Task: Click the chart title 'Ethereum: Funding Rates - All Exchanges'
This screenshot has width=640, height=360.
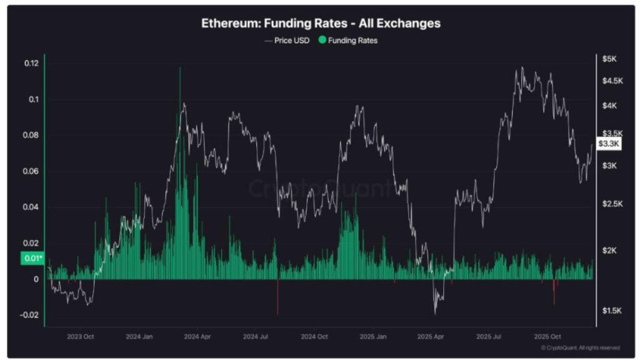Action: [321, 23]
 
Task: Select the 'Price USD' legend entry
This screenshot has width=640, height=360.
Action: [287, 40]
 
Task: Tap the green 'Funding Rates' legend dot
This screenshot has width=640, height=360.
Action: [322, 40]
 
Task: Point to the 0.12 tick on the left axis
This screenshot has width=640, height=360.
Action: [31, 63]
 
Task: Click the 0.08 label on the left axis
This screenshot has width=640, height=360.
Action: [31, 135]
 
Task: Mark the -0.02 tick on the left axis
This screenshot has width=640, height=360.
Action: [30, 315]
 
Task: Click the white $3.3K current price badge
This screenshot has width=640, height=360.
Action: [609, 144]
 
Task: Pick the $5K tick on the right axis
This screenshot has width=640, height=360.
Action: [610, 59]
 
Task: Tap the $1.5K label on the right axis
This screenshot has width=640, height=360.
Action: [612, 311]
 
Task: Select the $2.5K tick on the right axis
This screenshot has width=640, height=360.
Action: [612, 204]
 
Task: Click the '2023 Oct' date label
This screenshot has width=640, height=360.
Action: [81, 336]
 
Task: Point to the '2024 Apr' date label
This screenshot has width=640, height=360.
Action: [197, 336]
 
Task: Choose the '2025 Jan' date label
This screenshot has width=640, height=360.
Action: [373, 336]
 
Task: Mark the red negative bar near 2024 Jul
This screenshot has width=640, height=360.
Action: [277, 297]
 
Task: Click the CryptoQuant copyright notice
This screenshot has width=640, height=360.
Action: [580, 347]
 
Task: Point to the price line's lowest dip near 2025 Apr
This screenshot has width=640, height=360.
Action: [435, 312]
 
